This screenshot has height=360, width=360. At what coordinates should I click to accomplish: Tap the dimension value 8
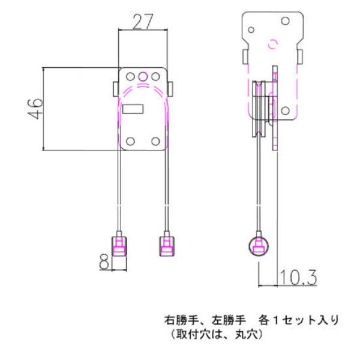click(x=104, y=262)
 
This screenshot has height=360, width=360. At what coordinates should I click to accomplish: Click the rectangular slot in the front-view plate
click(x=132, y=109)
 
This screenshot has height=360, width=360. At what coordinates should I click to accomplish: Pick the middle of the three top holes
click(x=143, y=76)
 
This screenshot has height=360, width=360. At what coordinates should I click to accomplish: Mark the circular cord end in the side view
click(x=259, y=246)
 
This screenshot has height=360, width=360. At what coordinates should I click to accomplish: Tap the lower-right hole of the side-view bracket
click(x=286, y=111)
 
